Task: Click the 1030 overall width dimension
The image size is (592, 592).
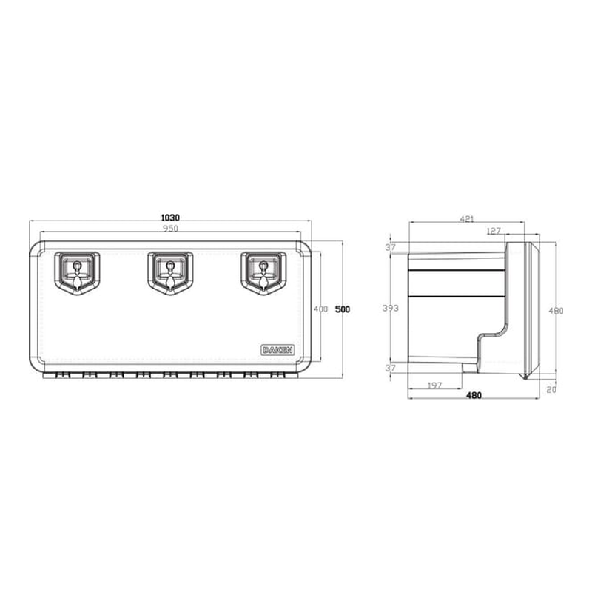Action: [170, 218]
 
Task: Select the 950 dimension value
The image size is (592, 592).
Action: [170, 229]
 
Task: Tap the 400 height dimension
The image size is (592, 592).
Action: [320, 309]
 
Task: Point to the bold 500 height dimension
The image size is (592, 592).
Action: [342, 309]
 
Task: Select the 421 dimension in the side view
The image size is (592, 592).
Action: [467, 219]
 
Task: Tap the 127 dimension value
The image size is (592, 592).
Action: [494, 231]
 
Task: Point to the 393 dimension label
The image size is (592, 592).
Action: [389, 308]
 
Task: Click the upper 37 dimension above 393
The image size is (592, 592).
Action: [390, 247]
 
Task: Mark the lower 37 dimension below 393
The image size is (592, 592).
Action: [390, 368]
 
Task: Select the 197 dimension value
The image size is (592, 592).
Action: [435, 386]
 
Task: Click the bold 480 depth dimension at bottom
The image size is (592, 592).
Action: [474, 396]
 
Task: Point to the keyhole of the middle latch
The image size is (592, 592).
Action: [169, 264]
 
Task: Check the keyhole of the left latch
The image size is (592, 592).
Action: [77, 264]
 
